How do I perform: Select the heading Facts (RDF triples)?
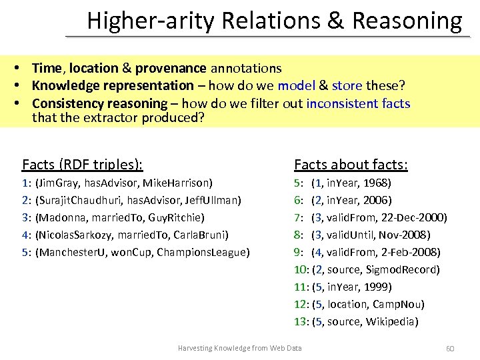point(82,164)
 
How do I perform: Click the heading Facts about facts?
point(351,164)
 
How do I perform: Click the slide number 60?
point(449,349)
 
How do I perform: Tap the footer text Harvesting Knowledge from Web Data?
point(239,348)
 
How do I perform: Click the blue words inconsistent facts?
point(358,103)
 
